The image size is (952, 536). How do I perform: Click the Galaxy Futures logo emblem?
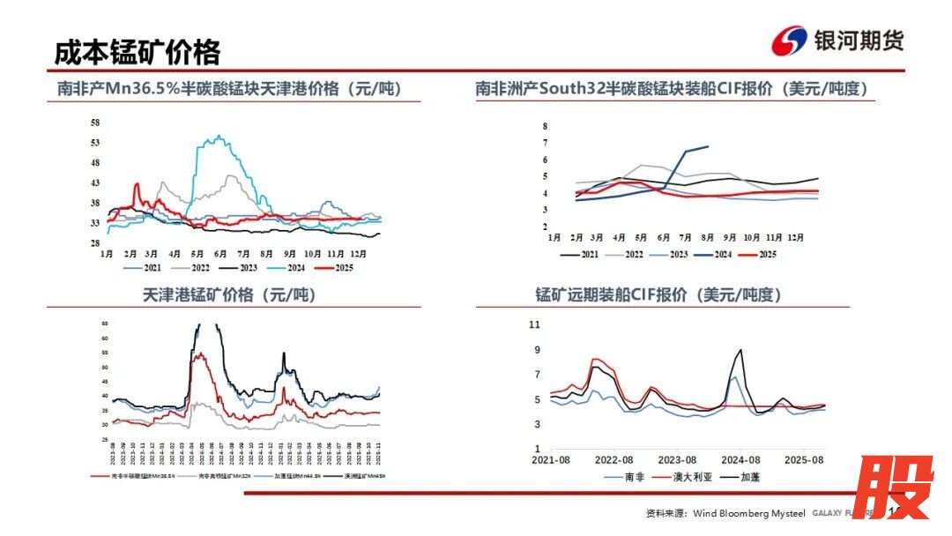[x=790, y=41]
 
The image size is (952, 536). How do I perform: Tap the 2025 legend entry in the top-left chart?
[x=338, y=266]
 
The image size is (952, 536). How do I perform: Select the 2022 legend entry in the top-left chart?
[x=198, y=266]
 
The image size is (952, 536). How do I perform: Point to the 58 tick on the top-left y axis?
[x=95, y=122]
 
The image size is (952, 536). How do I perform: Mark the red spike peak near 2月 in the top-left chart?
[x=136, y=184]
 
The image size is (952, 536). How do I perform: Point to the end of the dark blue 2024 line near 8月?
[x=708, y=146]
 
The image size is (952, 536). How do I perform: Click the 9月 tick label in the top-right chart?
[x=730, y=237]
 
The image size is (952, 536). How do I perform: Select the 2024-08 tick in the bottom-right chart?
[x=740, y=459]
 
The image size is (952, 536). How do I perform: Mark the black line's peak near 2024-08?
[x=740, y=350]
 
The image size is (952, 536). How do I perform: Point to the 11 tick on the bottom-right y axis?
[x=534, y=324]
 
